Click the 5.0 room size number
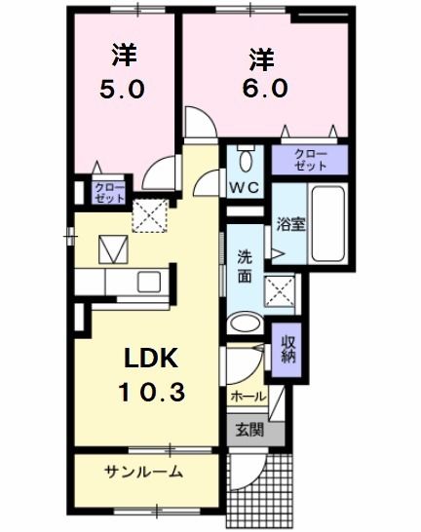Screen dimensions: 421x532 [x=122, y=90]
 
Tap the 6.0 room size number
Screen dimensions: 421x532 [x=265, y=88]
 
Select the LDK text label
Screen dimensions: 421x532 [x=151, y=359]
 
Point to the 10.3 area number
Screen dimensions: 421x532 [x=151, y=392]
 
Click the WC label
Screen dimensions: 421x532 [x=245, y=187]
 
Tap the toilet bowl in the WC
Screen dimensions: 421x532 [x=246, y=160]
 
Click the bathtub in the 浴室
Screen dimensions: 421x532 [x=328, y=223]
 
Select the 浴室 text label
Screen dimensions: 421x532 [x=291, y=225]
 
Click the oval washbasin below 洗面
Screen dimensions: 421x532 [x=246, y=324]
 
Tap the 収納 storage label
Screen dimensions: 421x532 [x=287, y=349]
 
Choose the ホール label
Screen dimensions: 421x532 [x=249, y=396]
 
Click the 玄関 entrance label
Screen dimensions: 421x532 [x=249, y=431]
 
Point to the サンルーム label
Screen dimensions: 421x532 [x=144, y=472]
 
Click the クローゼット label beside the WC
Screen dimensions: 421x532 [x=311, y=160]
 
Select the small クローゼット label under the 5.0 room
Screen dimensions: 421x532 [x=109, y=193]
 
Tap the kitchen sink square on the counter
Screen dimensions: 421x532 [x=149, y=282]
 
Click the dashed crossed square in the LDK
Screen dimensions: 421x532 [x=150, y=215]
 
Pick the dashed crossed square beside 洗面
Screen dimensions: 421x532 [x=280, y=291]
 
